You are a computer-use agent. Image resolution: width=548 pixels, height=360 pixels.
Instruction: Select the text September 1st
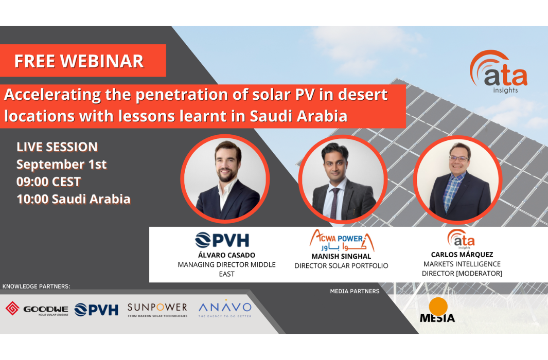[x=61, y=165]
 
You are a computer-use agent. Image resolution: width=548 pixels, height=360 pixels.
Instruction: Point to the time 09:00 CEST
[x=48, y=182]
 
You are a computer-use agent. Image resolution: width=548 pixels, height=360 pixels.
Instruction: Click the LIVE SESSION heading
[x=57, y=147]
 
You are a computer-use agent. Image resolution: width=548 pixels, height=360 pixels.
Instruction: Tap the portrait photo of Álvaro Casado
[x=225, y=178]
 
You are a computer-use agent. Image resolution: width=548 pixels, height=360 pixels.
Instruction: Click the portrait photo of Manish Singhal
[x=342, y=179]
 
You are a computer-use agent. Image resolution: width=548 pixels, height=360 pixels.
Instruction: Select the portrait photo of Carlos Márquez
[x=457, y=179]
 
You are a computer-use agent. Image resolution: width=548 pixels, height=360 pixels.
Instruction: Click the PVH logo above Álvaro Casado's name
[x=222, y=240]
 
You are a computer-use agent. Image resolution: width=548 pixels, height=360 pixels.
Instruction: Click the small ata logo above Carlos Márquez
[x=461, y=239]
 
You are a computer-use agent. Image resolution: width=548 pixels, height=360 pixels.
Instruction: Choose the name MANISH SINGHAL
[x=341, y=256]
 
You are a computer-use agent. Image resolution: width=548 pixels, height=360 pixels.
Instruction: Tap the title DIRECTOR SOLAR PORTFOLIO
[x=341, y=266]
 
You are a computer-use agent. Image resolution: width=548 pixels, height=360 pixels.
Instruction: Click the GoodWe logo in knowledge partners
[x=37, y=309]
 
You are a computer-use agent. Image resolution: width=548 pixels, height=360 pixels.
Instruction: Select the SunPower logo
[x=157, y=309]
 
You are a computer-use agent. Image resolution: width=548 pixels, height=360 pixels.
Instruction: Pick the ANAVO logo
[x=225, y=309]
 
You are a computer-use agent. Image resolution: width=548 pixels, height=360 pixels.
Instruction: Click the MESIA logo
[x=437, y=311]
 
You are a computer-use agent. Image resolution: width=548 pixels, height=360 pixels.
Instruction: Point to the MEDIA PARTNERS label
[x=355, y=291]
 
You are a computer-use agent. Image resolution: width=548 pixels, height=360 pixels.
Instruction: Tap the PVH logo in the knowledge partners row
[x=96, y=309]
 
